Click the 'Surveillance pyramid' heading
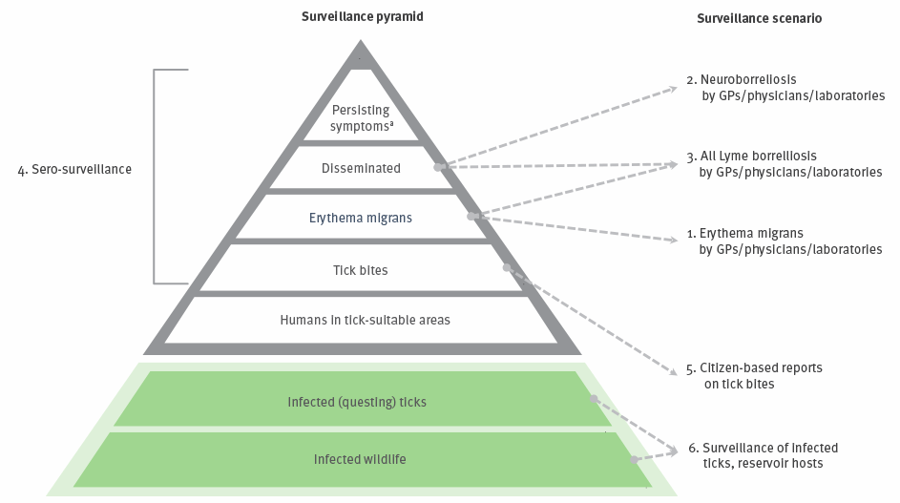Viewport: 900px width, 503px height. (362, 16)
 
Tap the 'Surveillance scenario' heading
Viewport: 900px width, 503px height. (759, 18)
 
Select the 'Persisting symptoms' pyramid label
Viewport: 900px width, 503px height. (361, 117)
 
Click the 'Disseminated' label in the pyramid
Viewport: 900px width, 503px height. (361, 168)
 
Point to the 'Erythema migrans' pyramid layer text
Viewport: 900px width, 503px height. (361, 219)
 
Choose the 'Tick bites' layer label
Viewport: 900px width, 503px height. (361, 270)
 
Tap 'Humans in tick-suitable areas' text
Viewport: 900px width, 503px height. (365, 320)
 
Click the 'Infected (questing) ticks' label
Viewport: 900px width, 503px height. (357, 402)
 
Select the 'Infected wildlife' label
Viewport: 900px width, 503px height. (360, 459)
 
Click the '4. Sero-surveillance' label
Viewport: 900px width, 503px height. (74, 169)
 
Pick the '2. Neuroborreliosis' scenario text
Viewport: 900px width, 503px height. (742, 80)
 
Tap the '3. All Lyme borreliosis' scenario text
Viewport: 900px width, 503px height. (751, 157)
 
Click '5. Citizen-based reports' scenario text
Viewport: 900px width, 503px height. (754, 368)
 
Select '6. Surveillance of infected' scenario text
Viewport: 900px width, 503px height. (764, 448)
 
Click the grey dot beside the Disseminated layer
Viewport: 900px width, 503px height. (438, 167)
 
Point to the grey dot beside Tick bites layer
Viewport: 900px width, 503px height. (506, 267)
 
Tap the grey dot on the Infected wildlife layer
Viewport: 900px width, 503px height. (634, 459)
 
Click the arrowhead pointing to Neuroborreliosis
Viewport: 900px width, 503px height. (674, 89)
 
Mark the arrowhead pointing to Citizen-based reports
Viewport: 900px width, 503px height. (674, 371)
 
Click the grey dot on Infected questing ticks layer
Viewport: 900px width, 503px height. (594, 399)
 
